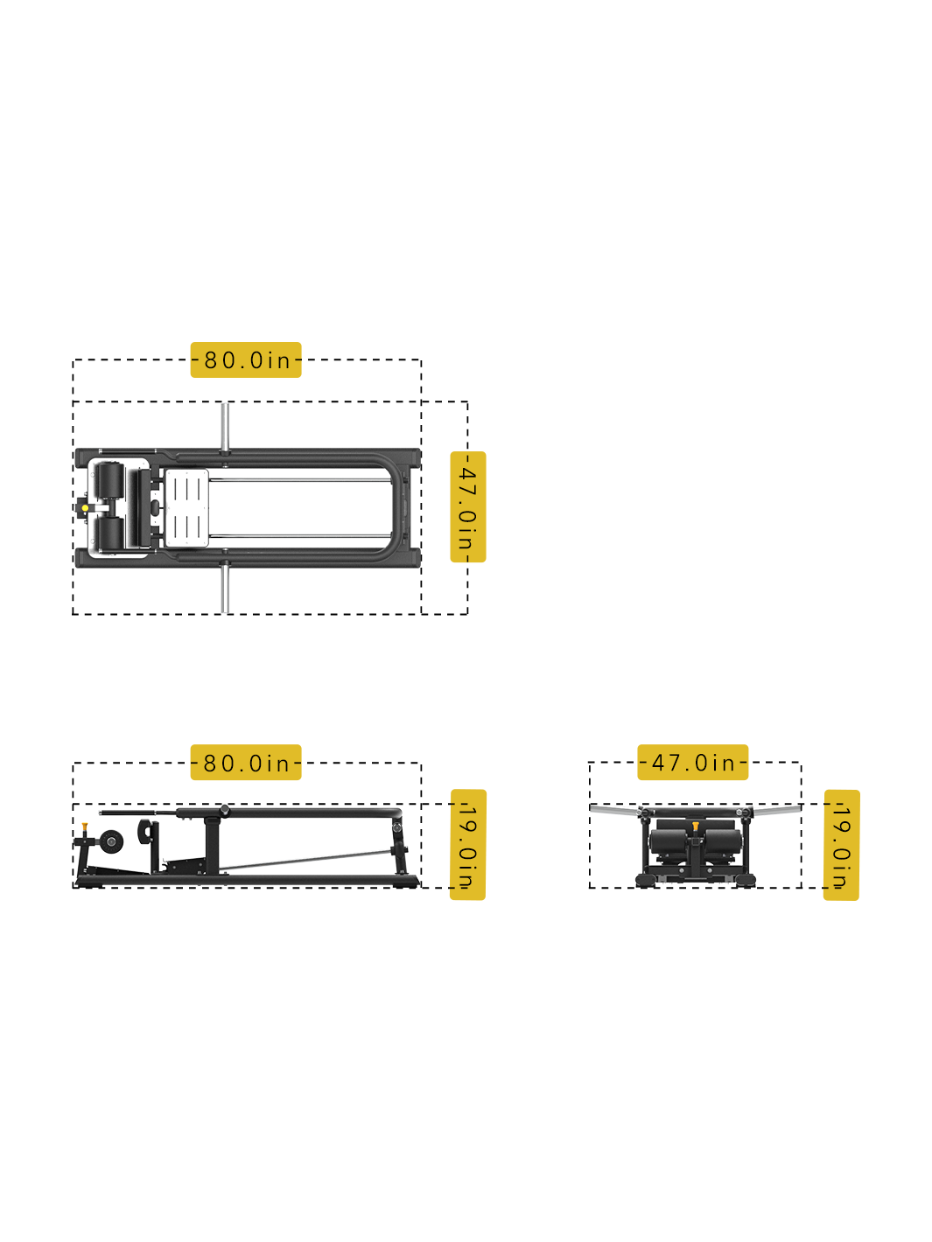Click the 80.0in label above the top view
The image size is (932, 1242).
(x=246, y=359)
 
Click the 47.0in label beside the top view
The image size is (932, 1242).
(x=468, y=507)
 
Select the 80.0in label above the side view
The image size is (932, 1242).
(x=246, y=763)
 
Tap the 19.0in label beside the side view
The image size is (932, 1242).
(x=468, y=845)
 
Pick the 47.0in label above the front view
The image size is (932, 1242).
(x=692, y=762)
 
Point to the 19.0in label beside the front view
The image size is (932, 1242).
(x=842, y=846)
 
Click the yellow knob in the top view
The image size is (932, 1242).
(x=85, y=508)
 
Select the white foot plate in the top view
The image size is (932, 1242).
(x=187, y=508)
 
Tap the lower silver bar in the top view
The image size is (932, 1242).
(x=225, y=589)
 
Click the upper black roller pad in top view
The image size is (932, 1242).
(x=109, y=481)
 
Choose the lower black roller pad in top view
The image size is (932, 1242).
(x=109, y=534)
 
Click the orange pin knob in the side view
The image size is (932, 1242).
(x=85, y=827)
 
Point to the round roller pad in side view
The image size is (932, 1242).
(x=111, y=842)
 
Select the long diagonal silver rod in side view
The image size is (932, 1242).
(x=306, y=860)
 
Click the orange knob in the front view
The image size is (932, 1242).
(x=696, y=827)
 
